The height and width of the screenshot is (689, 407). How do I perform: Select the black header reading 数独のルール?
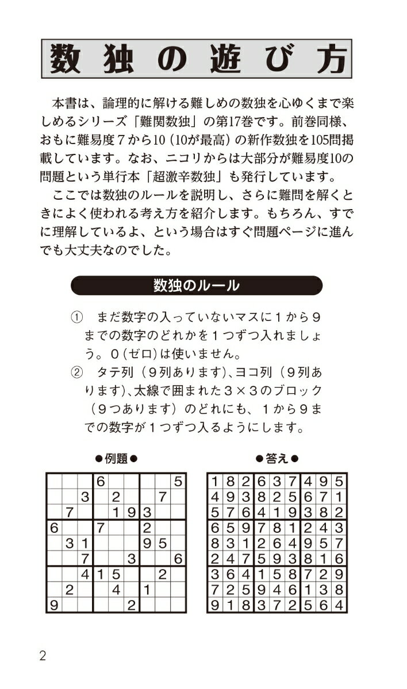tap(196, 285)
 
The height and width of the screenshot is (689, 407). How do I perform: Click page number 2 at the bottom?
tap(43, 656)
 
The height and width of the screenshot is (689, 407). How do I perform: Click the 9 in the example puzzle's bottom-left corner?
tap(53, 605)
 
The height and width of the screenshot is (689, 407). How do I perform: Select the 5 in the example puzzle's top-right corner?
tap(178, 481)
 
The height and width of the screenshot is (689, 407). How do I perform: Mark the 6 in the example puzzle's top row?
tap(100, 481)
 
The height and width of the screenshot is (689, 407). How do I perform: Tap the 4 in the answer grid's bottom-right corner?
tap(339, 605)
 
